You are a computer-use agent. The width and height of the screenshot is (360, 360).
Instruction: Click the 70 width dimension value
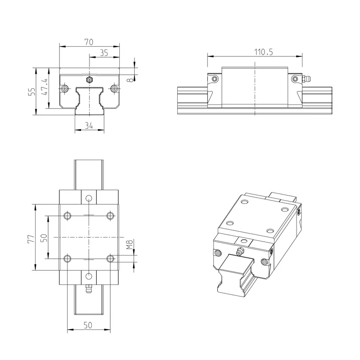[89, 42]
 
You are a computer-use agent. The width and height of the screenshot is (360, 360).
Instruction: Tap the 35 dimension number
[104, 53]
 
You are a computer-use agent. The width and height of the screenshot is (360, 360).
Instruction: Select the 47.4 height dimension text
[44, 87]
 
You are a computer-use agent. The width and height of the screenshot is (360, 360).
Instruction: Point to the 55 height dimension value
[32, 91]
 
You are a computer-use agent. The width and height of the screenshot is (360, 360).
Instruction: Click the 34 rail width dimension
[89, 126]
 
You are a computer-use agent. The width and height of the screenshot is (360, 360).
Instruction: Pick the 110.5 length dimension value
[264, 52]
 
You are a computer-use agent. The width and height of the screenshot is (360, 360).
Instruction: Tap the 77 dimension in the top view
[31, 239]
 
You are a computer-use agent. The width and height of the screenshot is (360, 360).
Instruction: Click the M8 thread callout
[130, 244]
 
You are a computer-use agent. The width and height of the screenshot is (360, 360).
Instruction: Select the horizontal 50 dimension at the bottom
[88, 325]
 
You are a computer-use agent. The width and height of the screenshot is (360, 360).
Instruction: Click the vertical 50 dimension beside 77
[44, 238]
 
